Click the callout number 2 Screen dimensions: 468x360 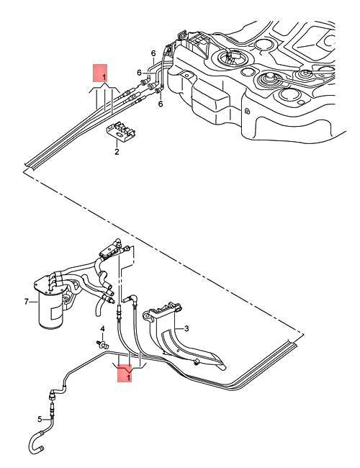116,152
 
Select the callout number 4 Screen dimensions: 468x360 102,328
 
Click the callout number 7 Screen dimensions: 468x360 27,300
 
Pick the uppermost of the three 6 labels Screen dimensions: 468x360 153,54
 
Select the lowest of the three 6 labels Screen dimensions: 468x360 161,104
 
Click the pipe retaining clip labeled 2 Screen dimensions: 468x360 120,132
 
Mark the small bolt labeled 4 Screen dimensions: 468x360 102,346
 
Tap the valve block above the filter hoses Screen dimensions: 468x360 109,253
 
